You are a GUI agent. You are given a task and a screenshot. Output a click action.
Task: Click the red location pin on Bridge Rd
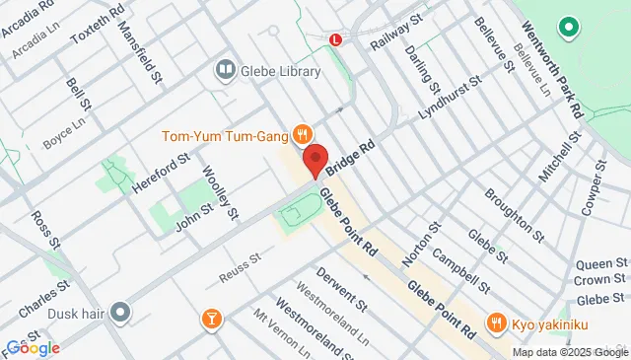[x=315, y=159]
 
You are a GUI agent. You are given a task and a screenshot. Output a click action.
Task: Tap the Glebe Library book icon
[x=225, y=71]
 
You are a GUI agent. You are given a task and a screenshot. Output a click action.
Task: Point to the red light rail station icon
[x=336, y=40]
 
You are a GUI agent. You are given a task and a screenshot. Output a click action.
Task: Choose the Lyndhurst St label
[x=448, y=99]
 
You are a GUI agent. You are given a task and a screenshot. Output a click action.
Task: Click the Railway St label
[x=396, y=37]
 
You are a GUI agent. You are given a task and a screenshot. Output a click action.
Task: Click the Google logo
[x=34, y=347]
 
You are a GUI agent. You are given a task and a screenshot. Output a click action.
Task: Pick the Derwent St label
[x=341, y=284]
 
